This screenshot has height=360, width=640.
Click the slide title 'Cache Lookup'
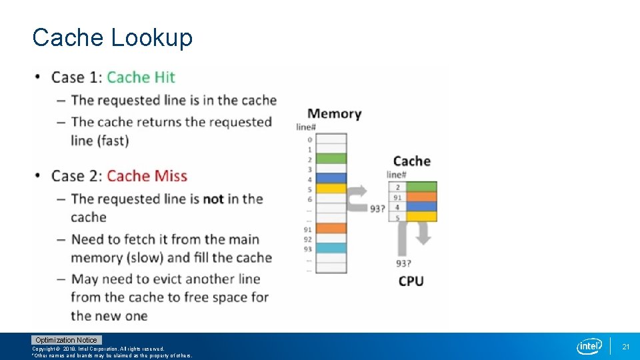pyautogui.click(x=112, y=37)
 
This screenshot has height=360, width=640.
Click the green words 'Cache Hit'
pyautogui.click(x=141, y=77)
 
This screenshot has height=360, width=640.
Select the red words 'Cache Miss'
pyautogui.click(x=147, y=176)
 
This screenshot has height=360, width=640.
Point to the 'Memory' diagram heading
pyautogui.click(x=335, y=114)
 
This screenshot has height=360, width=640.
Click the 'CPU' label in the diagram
pyautogui.click(x=411, y=281)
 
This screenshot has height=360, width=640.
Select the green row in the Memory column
pyautogui.click(x=331, y=159)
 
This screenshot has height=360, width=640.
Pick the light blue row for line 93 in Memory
pyautogui.click(x=331, y=248)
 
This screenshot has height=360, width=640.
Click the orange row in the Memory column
pyautogui.click(x=331, y=229)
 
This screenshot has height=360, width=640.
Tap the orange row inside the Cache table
pyautogui.click(x=421, y=197)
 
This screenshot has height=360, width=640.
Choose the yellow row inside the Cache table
pyautogui.click(x=421, y=216)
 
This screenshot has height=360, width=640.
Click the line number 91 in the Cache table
pyautogui.click(x=397, y=197)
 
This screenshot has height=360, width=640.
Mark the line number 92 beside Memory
pyautogui.click(x=307, y=239)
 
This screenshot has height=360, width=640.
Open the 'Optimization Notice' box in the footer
pyautogui.click(x=66, y=340)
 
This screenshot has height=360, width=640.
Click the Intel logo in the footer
pyautogui.click(x=589, y=346)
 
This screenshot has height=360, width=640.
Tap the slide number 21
pyautogui.click(x=626, y=347)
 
